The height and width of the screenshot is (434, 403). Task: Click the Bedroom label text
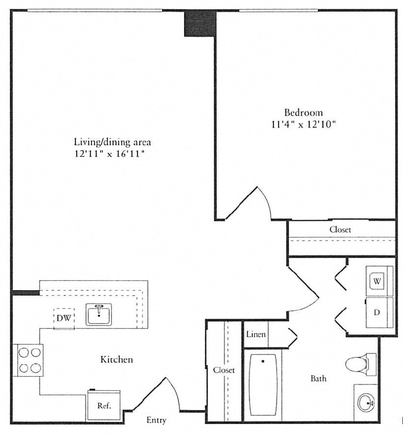click(x=304, y=112)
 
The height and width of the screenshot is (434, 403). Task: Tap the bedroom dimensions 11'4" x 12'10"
click(x=304, y=125)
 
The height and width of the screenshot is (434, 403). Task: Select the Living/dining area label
click(x=112, y=142)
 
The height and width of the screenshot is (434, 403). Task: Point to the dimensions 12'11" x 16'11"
click(x=110, y=154)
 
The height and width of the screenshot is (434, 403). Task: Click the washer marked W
click(x=379, y=281)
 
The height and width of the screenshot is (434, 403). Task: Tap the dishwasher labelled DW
click(x=64, y=318)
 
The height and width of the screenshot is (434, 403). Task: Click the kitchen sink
click(x=99, y=314)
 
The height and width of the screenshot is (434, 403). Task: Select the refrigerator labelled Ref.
click(x=104, y=405)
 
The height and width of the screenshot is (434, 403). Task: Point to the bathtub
click(x=263, y=385)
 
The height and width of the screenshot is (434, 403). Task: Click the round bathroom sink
click(x=366, y=403)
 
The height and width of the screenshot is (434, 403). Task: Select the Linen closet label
click(x=256, y=334)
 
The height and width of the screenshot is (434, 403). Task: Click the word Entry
click(x=156, y=420)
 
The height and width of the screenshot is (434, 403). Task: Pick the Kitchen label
click(x=116, y=359)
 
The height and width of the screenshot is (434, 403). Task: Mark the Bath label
click(x=318, y=379)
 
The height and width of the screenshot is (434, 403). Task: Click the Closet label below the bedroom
click(x=340, y=229)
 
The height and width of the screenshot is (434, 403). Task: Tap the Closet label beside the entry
click(x=224, y=370)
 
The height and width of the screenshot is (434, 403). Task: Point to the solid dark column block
click(x=200, y=23)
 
